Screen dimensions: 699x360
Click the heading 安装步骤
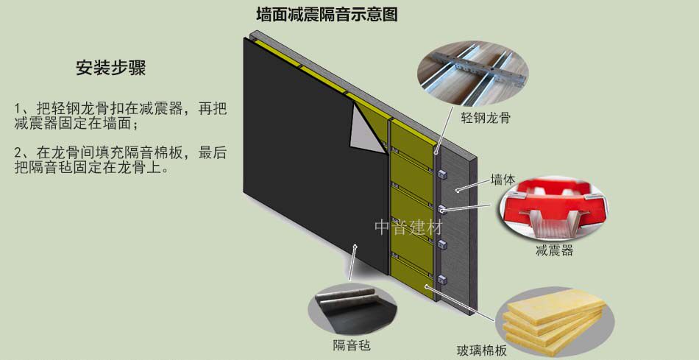click(110, 68)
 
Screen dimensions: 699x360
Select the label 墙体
click(503, 179)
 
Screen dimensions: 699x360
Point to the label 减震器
click(555, 251)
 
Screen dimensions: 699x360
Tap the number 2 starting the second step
click(18, 153)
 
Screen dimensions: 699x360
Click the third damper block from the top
click(442, 245)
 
